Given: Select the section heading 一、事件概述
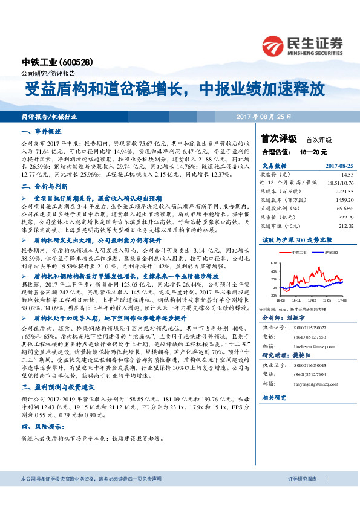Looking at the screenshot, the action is click(42, 131).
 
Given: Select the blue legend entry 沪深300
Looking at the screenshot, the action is click(330, 252).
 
